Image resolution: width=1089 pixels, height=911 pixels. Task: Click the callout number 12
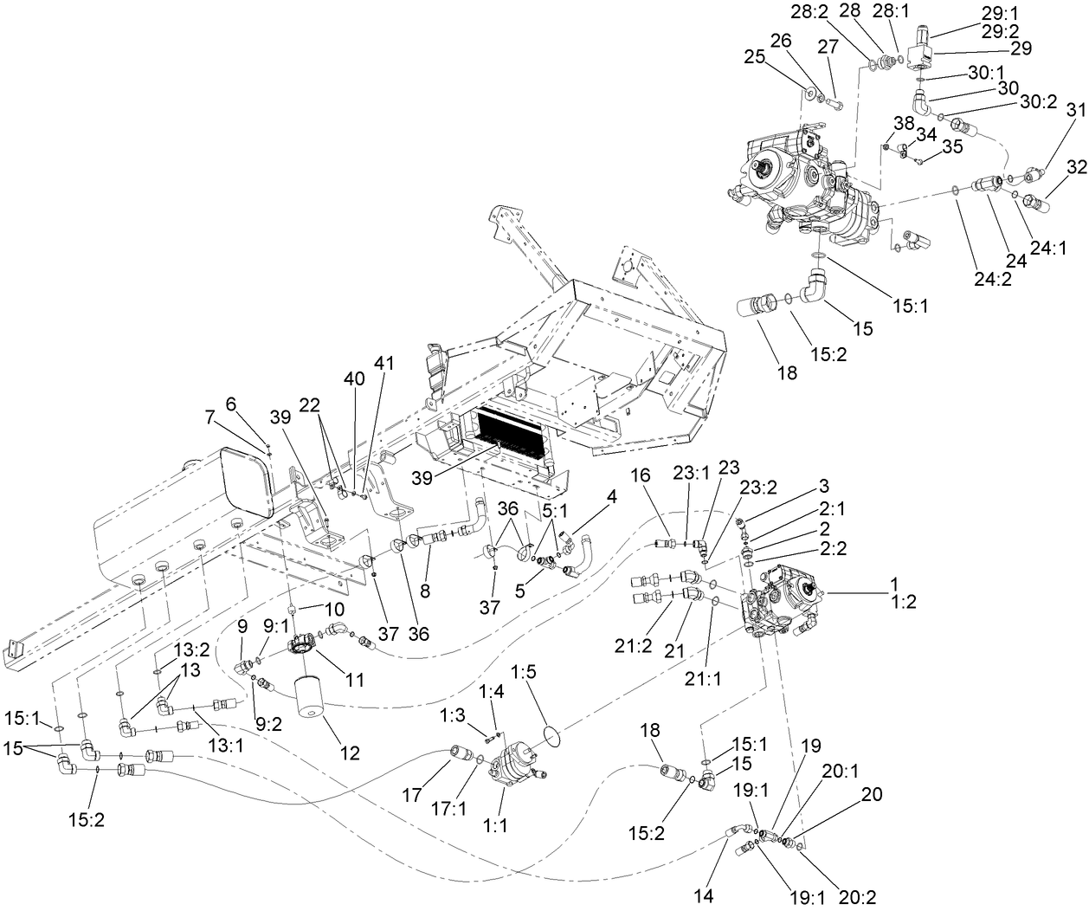[x=349, y=753]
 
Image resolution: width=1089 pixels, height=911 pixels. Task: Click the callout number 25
[x=754, y=56]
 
